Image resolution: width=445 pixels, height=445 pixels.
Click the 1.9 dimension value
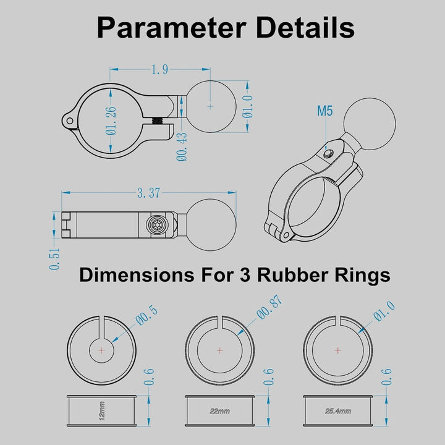[160, 69]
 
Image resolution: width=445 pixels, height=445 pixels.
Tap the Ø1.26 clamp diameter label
[111, 121]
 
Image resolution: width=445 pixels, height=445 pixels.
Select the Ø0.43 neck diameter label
[182, 147]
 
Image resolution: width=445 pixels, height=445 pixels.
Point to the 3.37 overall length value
[149, 193]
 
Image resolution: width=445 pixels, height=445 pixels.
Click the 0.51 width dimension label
[54, 259]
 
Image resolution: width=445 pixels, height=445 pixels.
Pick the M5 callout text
[324, 111]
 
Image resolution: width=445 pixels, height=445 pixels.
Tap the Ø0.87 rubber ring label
[269, 307]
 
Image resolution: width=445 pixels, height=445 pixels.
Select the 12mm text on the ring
[102, 410]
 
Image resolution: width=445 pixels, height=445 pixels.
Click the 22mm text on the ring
[219, 411]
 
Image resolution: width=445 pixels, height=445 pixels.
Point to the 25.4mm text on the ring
[338, 411]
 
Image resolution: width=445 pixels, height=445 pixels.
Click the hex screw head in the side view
[156, 225]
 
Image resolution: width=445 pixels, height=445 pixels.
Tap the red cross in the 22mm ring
[219, 350]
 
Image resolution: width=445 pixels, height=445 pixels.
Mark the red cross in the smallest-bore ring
[101, 351]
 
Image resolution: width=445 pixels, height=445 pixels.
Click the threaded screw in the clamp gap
[156, 121]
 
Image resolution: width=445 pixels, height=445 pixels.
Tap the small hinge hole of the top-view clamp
[69, 121]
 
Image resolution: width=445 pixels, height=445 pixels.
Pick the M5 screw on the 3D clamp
[328, 154]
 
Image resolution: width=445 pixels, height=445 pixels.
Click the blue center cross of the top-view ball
[210, 107]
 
